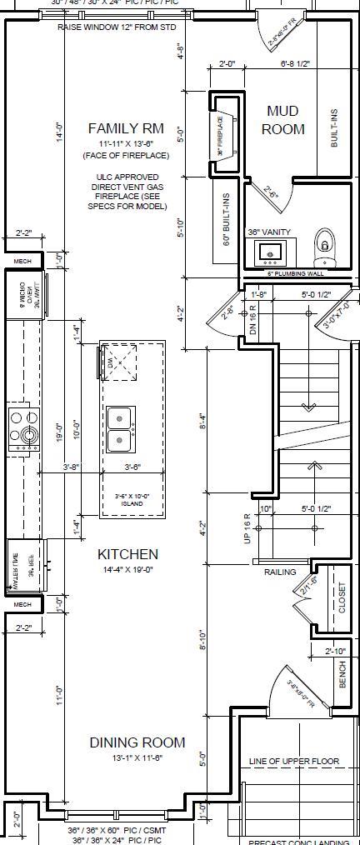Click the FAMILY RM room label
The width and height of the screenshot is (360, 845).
pos(127,128)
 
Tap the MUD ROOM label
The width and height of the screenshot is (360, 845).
pos(282,120)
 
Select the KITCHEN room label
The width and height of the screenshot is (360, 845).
pos(127,554)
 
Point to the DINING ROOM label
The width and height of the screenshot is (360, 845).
pos(137,742)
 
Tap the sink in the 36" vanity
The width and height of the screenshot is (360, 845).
pos(269,250)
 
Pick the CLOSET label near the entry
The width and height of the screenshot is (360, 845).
pos(342,597)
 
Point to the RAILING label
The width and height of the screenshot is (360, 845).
pos(280,572)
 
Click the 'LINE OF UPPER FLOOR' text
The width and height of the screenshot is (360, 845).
pos(294,762)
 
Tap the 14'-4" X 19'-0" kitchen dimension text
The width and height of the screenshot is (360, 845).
pos(127,570)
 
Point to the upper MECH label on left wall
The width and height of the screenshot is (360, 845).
pos(22,262)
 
